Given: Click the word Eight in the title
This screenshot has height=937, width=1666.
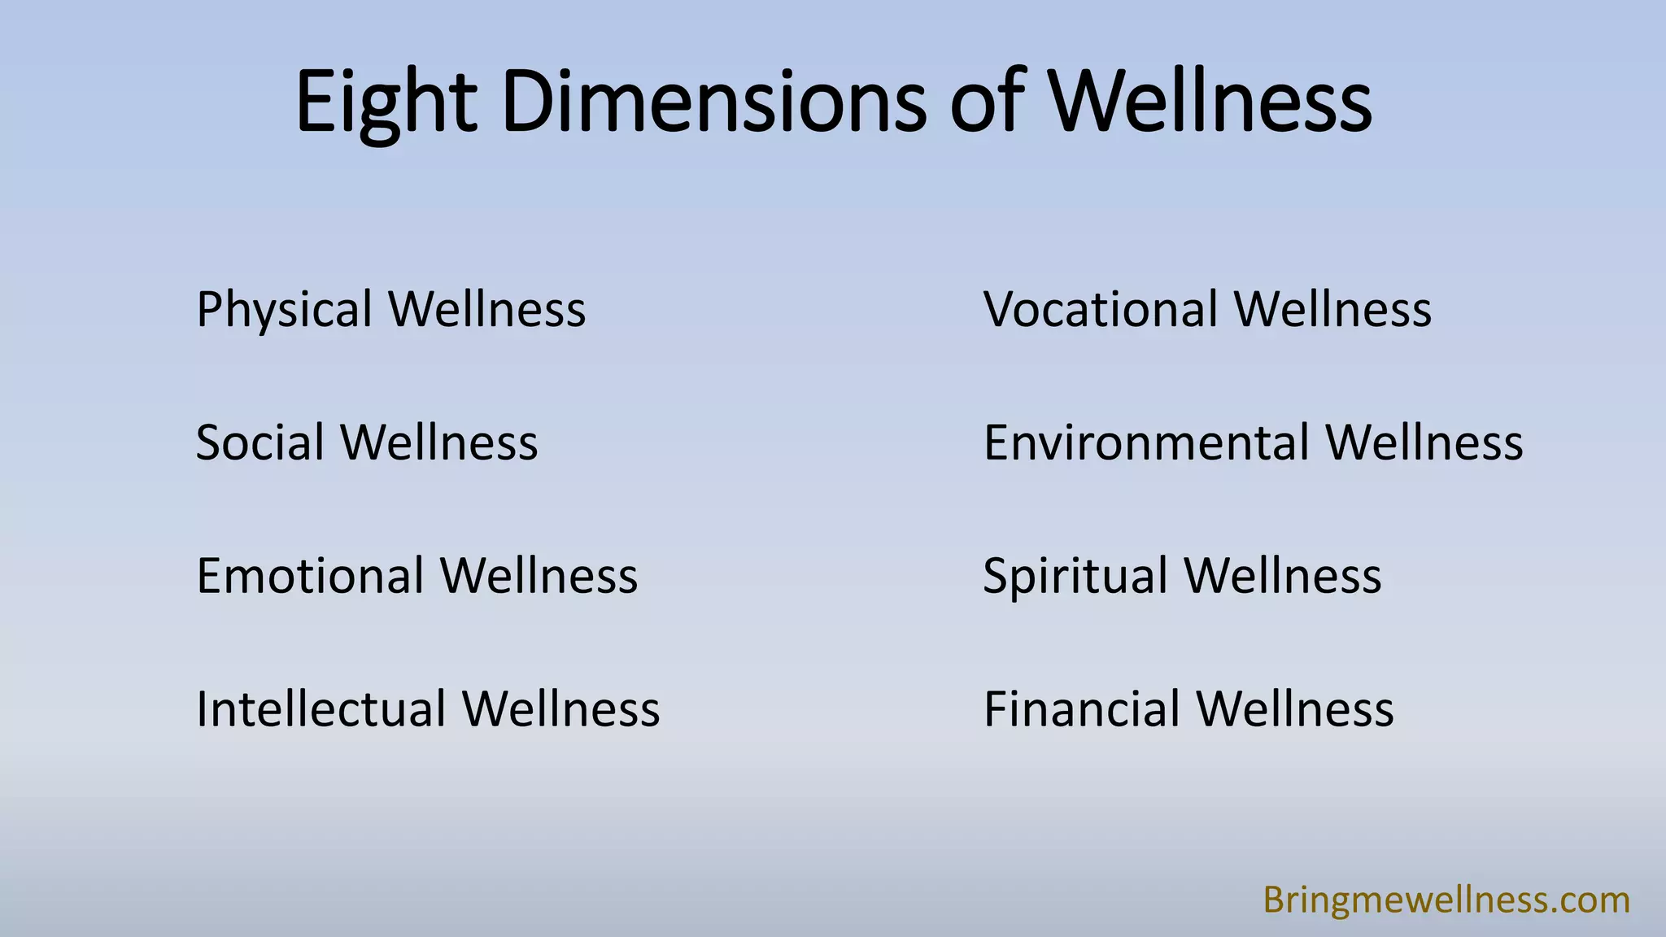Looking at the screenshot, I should [x=386, y=102].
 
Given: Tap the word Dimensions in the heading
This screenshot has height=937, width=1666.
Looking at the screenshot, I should [x=713, y=102].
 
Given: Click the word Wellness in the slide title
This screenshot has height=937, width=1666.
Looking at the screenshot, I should [x=1210, y=102].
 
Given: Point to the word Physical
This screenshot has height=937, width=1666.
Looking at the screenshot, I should [x=284, y=310].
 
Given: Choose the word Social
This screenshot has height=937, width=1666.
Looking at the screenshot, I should [x=259, y=443].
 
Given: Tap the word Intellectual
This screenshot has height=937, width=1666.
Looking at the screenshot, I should [x=321, y=709].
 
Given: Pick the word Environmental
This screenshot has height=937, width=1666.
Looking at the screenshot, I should [x=1145, y=443].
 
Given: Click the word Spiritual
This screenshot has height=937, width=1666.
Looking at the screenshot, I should [x=1075, y=577].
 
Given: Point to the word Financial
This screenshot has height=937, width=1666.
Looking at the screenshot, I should [x=1081, y=709].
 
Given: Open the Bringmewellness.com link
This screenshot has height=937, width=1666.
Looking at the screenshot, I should [x=1446, y=900].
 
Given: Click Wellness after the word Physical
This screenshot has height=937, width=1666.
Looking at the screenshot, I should [x=486, y=310].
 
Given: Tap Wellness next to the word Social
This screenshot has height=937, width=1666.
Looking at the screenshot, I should [x=439, y=443].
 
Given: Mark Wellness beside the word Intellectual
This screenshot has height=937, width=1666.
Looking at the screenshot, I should [x=561, y=709].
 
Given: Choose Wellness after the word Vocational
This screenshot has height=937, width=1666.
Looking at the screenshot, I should [x=1332, y=310].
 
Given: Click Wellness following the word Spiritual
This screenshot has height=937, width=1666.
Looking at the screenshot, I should [x=1283, y=576].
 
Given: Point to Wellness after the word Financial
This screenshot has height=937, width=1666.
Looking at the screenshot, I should [x=1295, y=709].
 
